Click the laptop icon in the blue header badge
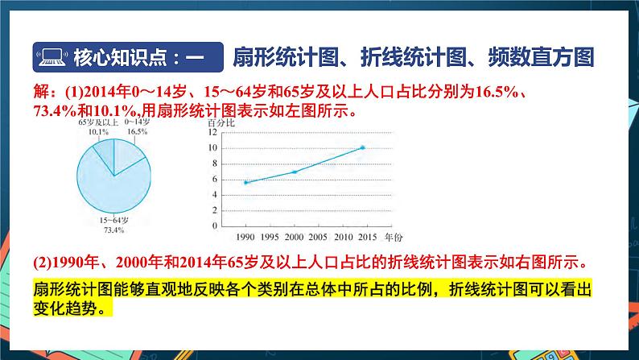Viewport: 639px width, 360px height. pos(51,58)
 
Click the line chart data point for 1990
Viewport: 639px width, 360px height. pos(245,183)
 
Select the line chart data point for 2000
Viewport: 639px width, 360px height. pos(295,172)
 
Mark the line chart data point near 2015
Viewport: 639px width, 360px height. pos(363,147)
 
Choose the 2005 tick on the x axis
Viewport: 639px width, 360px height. pos(319,238)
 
